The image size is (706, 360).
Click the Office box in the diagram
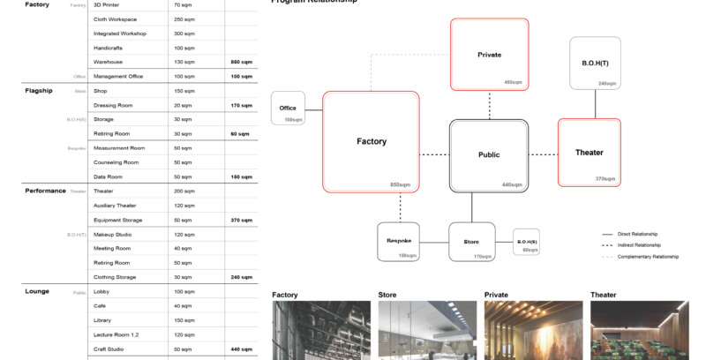(x=288, y=109)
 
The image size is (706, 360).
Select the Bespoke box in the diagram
(x=400, y=241)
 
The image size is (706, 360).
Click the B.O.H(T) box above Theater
(x=595, y=63)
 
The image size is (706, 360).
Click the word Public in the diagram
(x=489, y=154)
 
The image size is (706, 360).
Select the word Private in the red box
(x=489, y=55)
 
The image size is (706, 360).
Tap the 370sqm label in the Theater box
(x=605, y=179)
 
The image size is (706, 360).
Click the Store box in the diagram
(x=471, y=241)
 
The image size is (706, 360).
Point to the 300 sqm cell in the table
(x=184, y=33)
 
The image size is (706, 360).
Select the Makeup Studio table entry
(x=113, y=234)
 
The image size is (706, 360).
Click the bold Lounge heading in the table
(x=36, y=291)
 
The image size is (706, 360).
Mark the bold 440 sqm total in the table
(x=242, y=349)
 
